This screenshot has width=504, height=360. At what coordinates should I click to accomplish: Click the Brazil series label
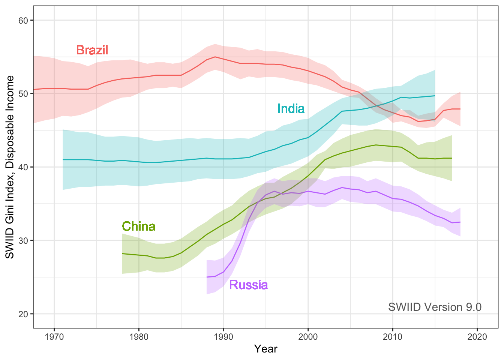92,50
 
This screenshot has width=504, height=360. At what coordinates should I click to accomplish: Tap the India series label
291,109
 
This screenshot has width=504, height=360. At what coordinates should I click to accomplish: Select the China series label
138,226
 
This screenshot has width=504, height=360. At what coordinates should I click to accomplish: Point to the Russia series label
248,285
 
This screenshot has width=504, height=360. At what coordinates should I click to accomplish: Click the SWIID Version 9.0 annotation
435,307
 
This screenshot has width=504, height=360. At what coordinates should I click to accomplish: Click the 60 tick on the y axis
23,20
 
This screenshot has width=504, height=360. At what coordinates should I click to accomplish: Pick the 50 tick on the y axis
23,94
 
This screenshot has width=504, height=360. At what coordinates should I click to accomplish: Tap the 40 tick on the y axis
23,167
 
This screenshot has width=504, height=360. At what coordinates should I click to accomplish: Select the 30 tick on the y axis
23,240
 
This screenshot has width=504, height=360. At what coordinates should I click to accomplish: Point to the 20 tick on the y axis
23,314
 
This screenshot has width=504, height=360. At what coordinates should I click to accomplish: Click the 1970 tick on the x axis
54,336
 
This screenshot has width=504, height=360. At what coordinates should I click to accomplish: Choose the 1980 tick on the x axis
139,336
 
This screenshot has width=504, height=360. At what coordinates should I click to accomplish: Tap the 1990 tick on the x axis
223,336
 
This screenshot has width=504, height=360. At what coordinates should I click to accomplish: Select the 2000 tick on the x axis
308,336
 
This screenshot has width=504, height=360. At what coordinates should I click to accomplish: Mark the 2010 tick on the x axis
393,336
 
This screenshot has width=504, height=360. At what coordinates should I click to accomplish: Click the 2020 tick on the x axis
477,336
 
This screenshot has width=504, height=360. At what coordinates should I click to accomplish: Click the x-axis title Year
265,349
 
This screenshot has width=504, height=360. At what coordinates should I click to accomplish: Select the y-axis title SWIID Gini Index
10,167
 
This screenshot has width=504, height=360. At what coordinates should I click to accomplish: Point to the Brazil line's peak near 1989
215,57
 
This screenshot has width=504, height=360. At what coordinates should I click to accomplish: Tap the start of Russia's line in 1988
207,277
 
